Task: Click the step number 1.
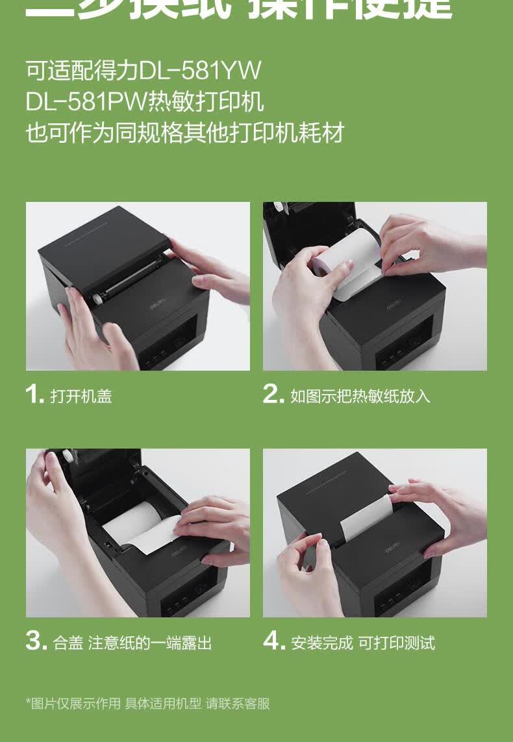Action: click(x=34, y=394)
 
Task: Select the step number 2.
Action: click(x=273, y=394)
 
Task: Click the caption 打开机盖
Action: click(x=81, y=396)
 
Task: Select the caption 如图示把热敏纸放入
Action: click(x=360, y=396)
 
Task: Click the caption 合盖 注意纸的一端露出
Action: click(x=132, y=643)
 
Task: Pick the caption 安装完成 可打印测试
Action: click(x=363, y=643)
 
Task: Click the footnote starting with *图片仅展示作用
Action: click(x=147, y=703)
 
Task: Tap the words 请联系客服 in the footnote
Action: click(x=237, y=703)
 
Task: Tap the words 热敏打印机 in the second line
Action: click(x=206, y=101)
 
